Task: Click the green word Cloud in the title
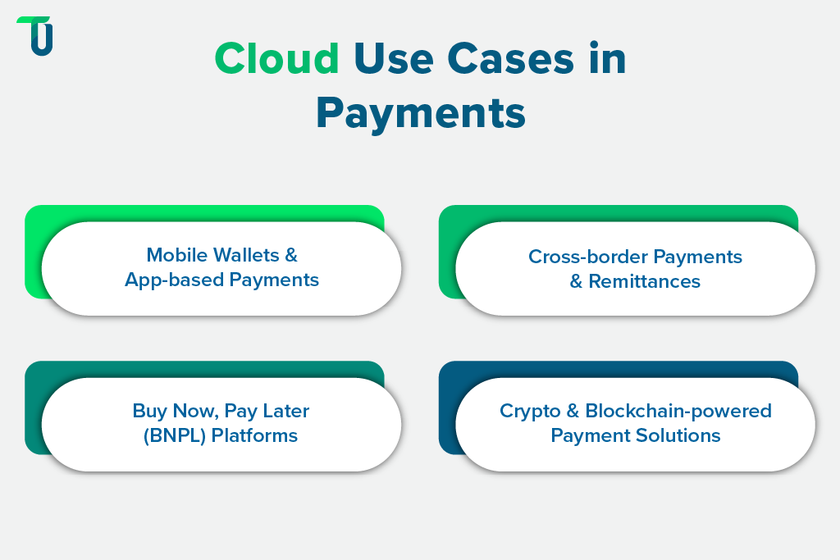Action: point(276,59)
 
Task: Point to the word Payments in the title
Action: point(420,113)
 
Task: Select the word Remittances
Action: point(644,281)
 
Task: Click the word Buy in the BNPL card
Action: point(149,410)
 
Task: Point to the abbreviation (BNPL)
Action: point(174,435)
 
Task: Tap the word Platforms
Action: point(254,435)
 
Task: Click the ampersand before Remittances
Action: point(577,281)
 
